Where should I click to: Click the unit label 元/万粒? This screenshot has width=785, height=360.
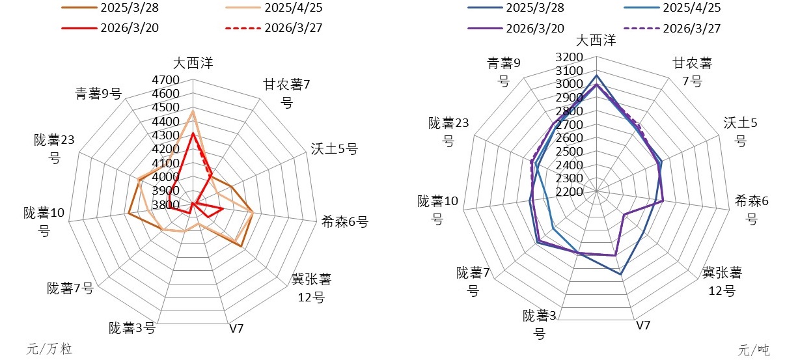(x=49, y=349)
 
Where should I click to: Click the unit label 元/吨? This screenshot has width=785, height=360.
(x=754, y=350)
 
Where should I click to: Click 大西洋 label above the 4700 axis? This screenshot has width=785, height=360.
(x=193, y=63)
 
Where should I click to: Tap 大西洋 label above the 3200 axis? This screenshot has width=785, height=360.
(x=596, y=40)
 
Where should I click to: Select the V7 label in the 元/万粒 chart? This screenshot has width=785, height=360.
(x=236, y=328)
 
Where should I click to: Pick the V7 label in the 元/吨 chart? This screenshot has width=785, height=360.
(x=642, y=325)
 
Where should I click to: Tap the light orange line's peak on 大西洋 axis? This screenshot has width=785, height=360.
(x=193, y=111)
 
